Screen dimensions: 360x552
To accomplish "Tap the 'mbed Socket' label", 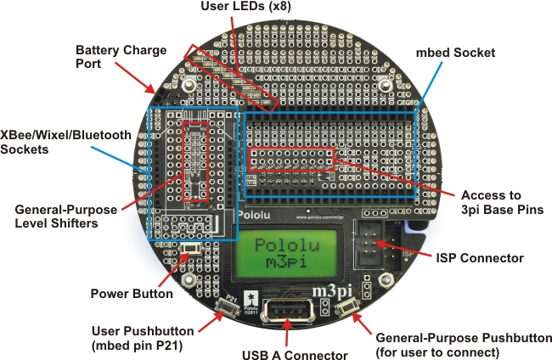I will click(x=455, y=53).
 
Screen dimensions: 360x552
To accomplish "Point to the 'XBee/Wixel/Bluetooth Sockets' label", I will click(x=65, y=142).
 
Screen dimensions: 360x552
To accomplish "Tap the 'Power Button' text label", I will click(x=131, y=294).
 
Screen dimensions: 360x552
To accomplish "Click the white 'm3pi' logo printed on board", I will click(x=335, y=291).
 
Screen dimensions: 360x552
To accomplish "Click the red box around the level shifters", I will click(x=196, y=160).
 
